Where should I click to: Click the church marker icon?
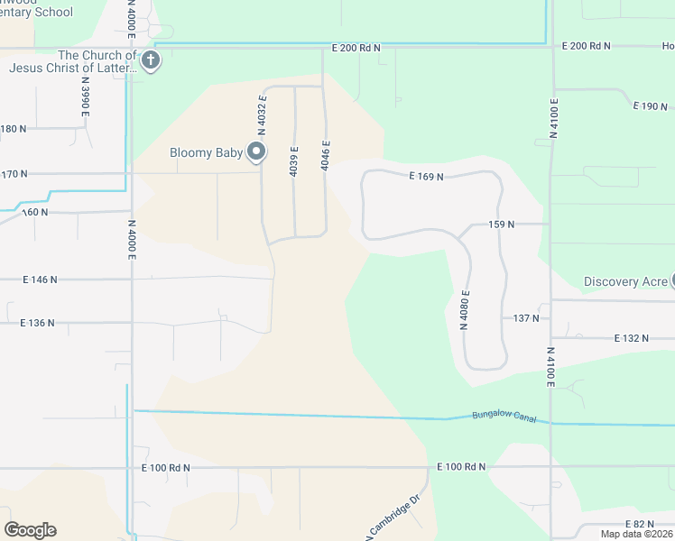click(151, 61)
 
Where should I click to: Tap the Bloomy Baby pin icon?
click(256, 152)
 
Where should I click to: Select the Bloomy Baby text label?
click(207, 152)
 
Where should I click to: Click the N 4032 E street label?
click(263, 112)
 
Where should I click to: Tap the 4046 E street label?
click(326, 155)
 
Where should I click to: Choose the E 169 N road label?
click(426, 177)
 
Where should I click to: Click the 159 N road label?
click(501, 224)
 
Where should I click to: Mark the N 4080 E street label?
click(466, 309)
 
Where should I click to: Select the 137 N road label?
click(526, 317)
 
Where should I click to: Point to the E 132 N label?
click(631, 338)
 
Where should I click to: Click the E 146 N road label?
click(40, 280)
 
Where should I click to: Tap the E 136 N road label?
click(38, 322)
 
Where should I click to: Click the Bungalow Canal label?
click(498, 417)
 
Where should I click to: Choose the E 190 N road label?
click(651, 106)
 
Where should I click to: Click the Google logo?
click(30, 530)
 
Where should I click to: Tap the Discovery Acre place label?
click(624, 281)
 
